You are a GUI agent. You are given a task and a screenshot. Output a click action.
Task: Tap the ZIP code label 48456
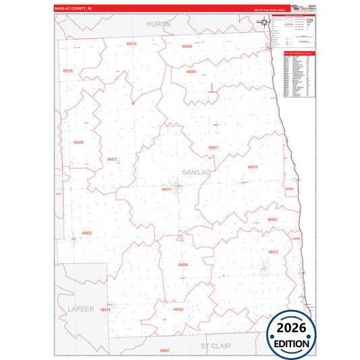click(187, 47)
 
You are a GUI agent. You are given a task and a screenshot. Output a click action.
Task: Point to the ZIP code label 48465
click(191, 72)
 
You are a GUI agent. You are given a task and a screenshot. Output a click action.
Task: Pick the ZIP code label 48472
click(112, 159)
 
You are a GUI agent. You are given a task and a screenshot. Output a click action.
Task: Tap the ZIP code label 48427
click(213, 147)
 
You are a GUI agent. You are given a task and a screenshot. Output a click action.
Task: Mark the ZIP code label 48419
click(252, 166)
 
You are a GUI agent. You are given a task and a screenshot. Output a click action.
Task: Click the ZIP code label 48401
click(272, 220)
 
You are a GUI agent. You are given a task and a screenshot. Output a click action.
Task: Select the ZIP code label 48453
click(86, 233)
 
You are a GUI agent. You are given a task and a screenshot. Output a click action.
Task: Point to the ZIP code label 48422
click(274, 252)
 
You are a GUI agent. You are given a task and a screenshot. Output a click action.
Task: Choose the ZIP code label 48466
click(182, 264)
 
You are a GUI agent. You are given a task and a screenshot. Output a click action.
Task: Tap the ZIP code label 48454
click(178, 309)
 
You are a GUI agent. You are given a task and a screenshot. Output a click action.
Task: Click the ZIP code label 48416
click(105, 309)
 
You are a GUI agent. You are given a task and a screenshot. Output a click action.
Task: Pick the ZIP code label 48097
click(165, 351)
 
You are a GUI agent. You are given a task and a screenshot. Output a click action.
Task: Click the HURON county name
click(159, 24)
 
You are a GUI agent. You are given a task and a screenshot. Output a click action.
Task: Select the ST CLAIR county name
click(215, 345)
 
